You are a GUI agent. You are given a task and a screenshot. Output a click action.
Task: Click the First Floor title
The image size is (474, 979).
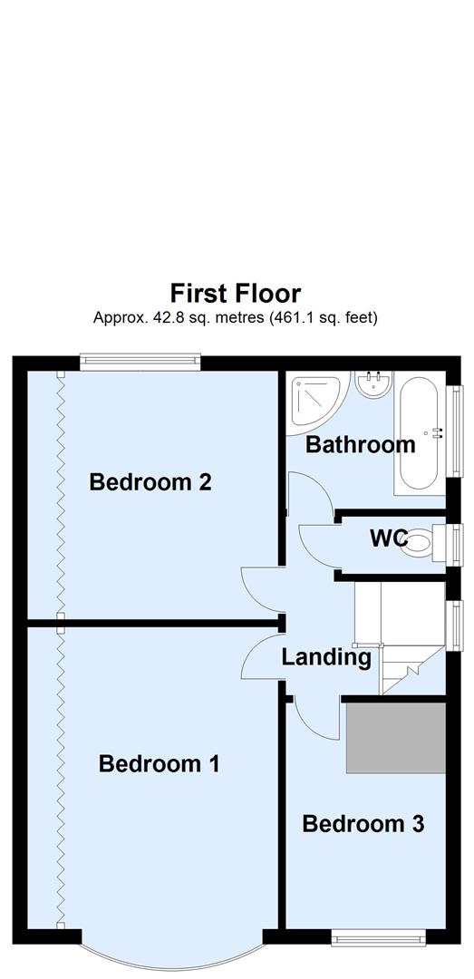(x=236, y=294)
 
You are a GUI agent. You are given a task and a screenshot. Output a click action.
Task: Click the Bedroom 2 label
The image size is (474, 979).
(x=150, y=482)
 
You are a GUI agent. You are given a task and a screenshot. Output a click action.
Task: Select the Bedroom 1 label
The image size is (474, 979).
(x=159, y=764)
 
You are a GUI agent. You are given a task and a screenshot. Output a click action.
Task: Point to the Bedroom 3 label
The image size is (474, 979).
(x=363, y=824)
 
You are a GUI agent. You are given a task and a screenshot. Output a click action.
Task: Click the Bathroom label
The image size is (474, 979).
(x=360, y=445)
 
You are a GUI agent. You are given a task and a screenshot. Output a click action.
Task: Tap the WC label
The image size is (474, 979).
(x=387, y=538)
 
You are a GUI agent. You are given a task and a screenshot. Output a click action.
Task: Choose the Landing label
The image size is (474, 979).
(x=325, y=657)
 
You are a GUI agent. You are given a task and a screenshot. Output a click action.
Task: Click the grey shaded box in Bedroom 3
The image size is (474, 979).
(x=395, y=735)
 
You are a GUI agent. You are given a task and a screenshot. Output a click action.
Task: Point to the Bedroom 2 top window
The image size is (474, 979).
(x=139, y=363)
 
